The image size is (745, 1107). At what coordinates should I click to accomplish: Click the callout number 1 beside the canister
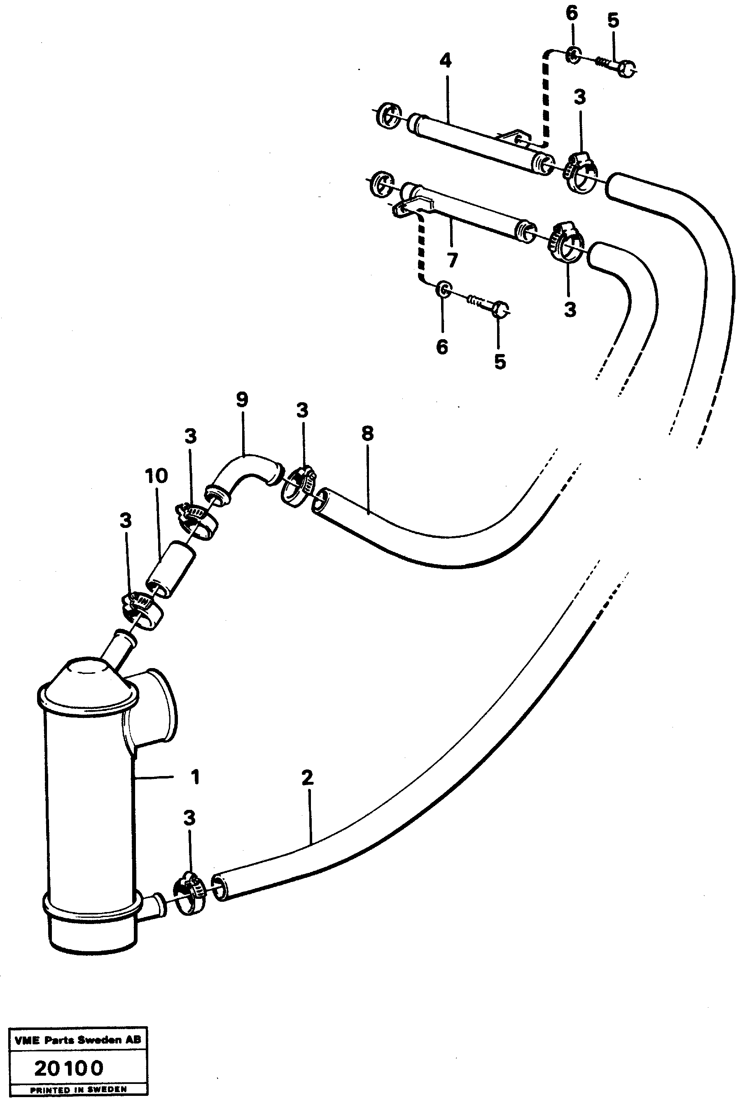click(195, 777)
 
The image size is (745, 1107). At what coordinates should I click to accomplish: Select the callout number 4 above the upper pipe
click(445, 61)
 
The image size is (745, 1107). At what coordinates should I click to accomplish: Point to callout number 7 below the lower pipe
click(452, 260)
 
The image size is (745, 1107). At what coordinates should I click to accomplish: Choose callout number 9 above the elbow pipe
click(242, 399)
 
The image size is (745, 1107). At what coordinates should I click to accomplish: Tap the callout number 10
click(157, 476)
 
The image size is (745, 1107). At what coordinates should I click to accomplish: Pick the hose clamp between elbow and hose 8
click(299, 487)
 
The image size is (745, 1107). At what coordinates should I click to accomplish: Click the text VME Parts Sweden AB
click(78, 1040)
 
